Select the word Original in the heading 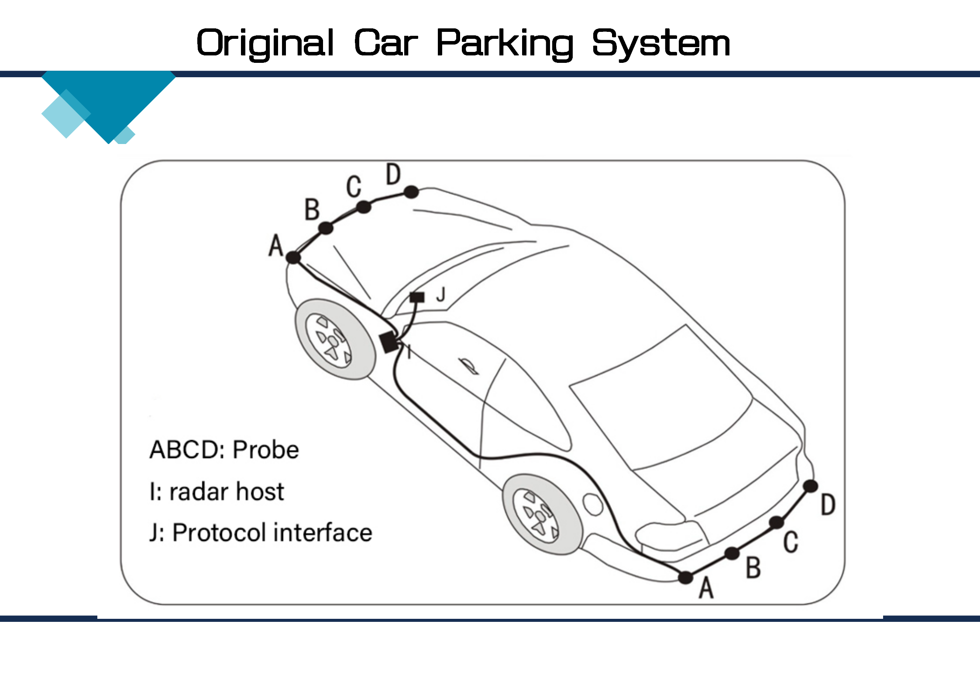(265, 44)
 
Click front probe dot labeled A (293, 257)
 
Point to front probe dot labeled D (411, 192)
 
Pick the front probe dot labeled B (326, 228)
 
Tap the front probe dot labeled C (364, 206)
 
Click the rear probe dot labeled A (686, 577)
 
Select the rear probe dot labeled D (811, 486)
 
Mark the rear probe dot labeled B (732, 553)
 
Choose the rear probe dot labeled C (777, 522)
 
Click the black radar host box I (389, 342)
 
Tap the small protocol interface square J (417, 297)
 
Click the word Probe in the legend (265, 450)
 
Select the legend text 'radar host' (227, 492)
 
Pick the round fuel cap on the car (592, 504)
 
